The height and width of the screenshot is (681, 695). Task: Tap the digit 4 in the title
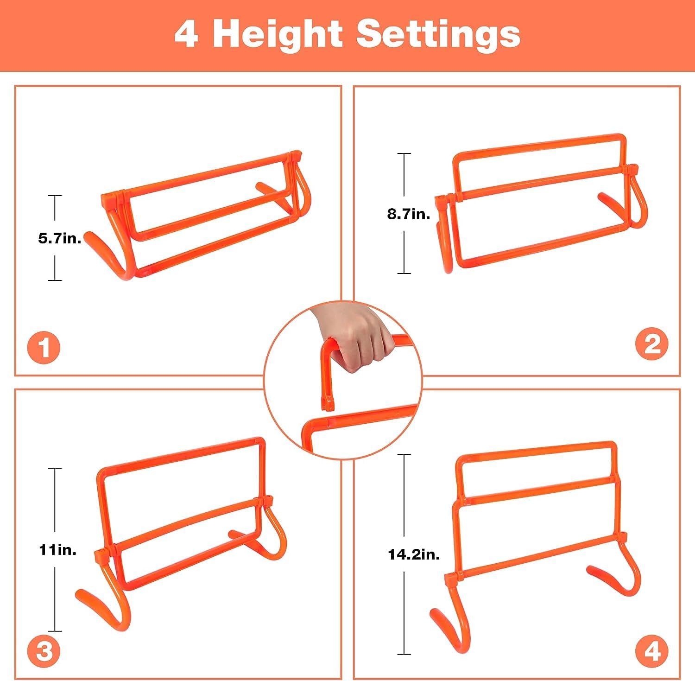pos(187,34)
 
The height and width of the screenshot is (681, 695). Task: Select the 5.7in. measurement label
pos(60,238)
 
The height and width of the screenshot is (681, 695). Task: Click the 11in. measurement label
pos(57,550)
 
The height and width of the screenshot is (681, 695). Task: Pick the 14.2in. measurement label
pos(414,554)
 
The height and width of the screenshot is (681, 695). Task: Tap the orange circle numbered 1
pos(44,347)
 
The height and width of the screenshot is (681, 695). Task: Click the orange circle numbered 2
pos(652,344)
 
